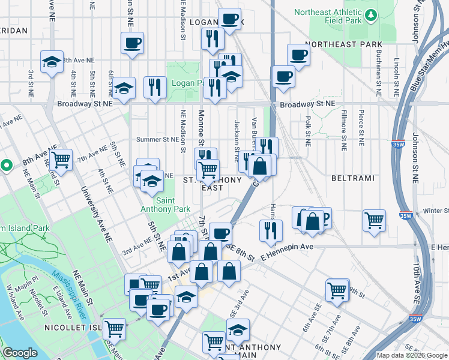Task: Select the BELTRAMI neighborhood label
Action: tap(352, 179)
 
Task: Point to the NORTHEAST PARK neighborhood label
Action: tap(343, 44)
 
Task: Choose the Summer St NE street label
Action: tap(158, 139)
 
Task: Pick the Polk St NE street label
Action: tap(307, 132)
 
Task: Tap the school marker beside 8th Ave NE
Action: tap(52, 62)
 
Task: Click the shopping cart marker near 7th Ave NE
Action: tap(61, 160)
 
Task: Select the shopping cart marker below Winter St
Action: tap(374, 220)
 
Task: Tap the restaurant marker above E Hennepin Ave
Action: tap(271, 230)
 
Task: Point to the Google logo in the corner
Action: tap(20, 353)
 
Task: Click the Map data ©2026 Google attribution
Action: tap(411, 355)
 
